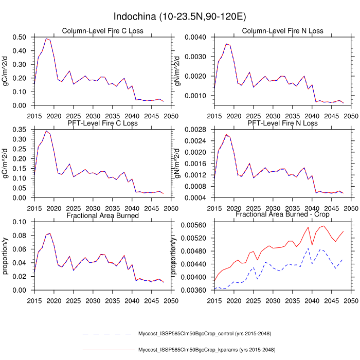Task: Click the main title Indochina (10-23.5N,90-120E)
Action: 179,17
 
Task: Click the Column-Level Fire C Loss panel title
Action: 102,31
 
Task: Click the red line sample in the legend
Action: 108,350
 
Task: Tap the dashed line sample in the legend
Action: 108,334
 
